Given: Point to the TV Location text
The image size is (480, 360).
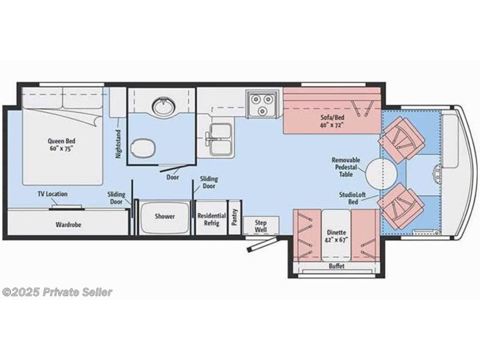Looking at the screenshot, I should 52,194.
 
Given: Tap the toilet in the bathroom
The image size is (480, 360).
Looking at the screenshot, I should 143,147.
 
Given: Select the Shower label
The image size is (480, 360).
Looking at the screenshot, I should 163,217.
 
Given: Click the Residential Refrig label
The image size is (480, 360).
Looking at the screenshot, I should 211,220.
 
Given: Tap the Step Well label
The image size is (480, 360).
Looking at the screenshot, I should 260,225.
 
